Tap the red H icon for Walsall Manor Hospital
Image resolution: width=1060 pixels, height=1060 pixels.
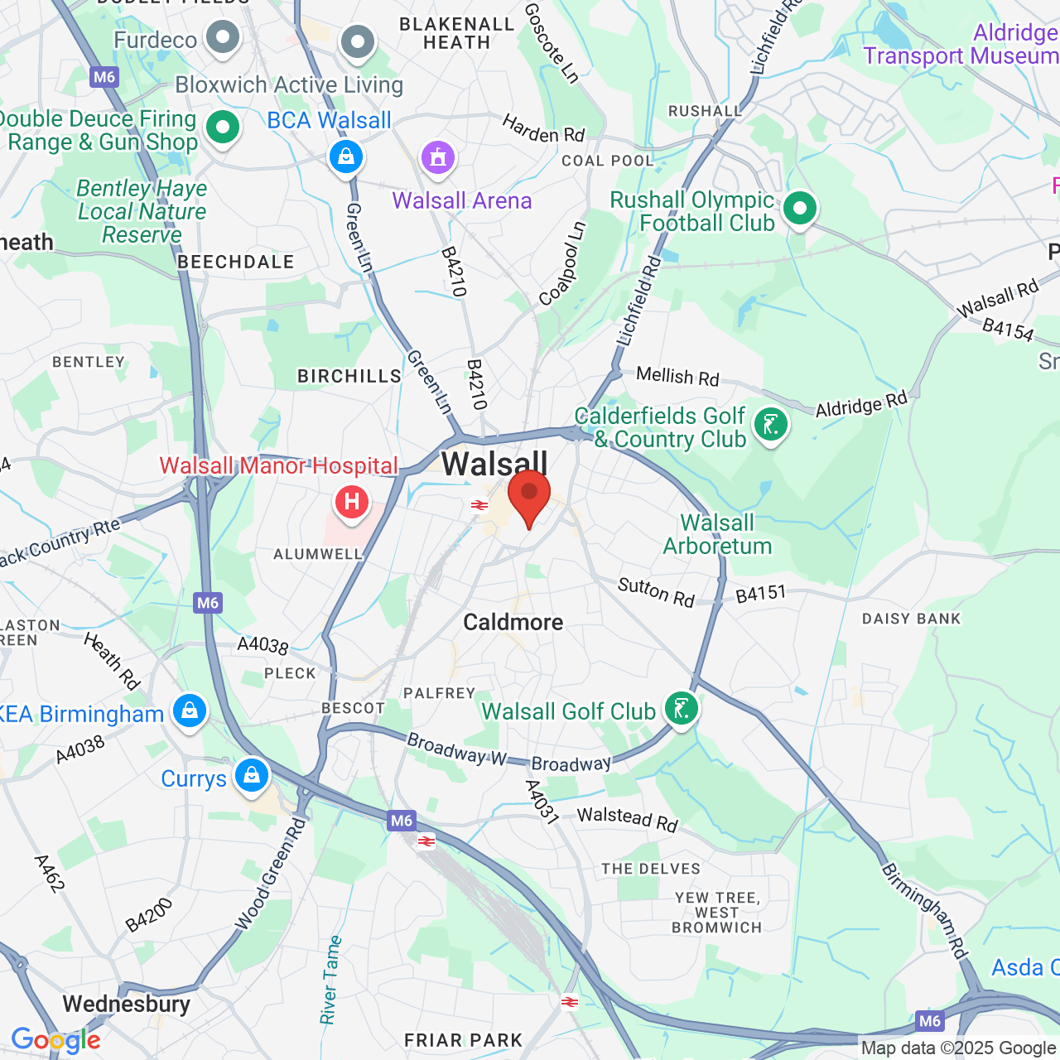[x=352, y=502]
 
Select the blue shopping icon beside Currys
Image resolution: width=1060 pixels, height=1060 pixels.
[x=252, y=776]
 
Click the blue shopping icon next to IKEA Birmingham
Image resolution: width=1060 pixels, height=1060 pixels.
[x=190, y=711]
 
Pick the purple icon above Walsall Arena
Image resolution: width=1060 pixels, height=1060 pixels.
[x=438, y=157]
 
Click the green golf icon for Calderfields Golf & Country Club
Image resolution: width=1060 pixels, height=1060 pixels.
[x=770, y=426]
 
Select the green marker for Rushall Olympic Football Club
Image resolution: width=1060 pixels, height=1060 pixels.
[x=799, y=209]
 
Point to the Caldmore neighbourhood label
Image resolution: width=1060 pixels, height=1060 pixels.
[x=513, y=622]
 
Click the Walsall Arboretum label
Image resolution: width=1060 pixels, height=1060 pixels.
[x=717, y=534]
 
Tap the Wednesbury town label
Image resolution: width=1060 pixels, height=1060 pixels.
[x=126, y=1004]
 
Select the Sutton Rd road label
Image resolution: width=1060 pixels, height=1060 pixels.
[x=656, y=592]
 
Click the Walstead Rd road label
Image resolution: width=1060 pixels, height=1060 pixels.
[x=627, y=818]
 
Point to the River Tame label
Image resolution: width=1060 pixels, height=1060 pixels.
[x=330, y=980]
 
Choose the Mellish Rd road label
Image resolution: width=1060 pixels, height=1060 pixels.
[x=677, y=376]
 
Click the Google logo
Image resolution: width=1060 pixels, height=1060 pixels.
[x=55, y=1040]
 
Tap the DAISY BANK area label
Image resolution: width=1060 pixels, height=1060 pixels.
[x=911, y=619]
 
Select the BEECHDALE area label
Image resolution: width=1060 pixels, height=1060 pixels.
[x=236, y=262]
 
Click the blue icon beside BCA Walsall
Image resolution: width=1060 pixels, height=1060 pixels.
[x=346, y=156]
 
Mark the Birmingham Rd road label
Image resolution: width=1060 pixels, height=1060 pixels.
[x=924, y=911]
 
